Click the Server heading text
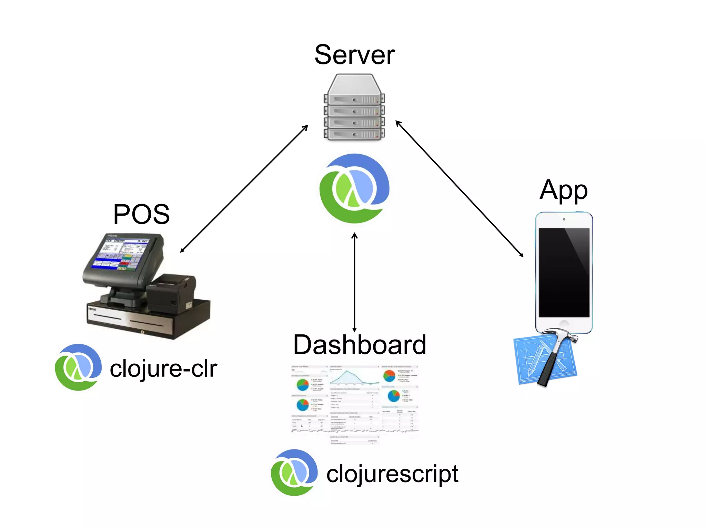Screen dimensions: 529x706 click(354, 55)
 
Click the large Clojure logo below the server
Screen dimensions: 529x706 click(354, 189)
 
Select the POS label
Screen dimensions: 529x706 click(141, 214)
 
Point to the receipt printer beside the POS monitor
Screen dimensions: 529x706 click(171, 293)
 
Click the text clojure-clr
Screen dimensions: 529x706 click(163, 369)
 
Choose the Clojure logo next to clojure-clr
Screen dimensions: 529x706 click(79, 367)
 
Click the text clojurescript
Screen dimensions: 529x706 click(392, 474)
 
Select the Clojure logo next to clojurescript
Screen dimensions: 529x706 click(294, 473)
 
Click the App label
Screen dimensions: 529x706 click(563, 190)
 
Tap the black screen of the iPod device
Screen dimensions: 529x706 click(564, 272)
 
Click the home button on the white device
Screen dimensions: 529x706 click(564, 324)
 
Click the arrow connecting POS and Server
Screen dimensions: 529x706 click(244, 189)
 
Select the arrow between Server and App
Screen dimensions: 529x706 click(459, 189)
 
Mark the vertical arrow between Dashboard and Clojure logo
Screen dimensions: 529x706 click(354, 282)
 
